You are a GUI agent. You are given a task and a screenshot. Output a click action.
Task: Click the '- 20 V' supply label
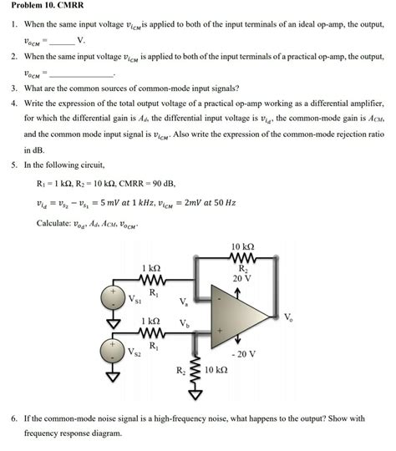tap(246, 353)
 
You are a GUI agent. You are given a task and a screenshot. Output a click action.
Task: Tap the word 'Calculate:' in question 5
tap(57, 223)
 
